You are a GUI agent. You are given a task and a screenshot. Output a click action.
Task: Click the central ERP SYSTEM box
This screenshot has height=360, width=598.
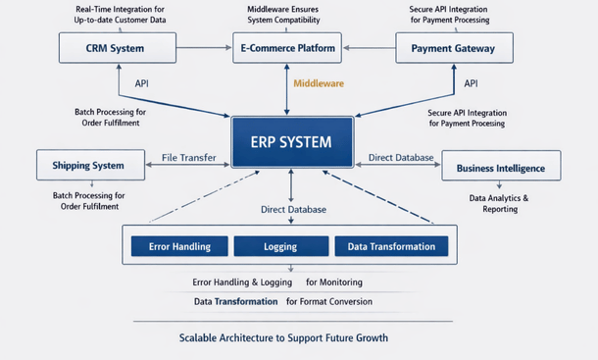point(290,142)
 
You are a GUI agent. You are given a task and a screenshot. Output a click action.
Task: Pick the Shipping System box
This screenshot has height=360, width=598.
point(88,165)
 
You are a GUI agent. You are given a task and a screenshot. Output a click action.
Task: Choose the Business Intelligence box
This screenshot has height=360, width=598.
point(500,168)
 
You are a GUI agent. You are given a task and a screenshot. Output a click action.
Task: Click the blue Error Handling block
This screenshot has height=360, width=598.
point(175,246)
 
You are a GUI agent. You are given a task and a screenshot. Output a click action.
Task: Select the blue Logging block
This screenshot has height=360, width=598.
point(281,246)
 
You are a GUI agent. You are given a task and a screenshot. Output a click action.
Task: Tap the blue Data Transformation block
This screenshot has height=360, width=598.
point(391,246)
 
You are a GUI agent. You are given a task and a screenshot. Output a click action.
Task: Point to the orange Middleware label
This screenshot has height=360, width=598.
point(319,84)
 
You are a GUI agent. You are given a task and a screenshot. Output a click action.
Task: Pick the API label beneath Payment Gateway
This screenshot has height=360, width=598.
point(471,84)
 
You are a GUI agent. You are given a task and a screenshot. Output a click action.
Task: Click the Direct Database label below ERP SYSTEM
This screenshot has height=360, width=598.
point(293,209)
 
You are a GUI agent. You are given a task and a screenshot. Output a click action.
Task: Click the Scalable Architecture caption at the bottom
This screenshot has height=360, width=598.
point(283,337)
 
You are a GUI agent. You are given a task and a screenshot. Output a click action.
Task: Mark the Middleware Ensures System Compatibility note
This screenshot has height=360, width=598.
point(286,14)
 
